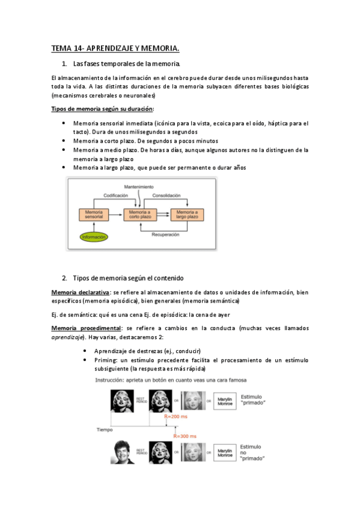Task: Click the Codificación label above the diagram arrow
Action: coord(115,196)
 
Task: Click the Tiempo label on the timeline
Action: coord(105,429)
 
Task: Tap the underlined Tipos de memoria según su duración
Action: coord(102,109)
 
